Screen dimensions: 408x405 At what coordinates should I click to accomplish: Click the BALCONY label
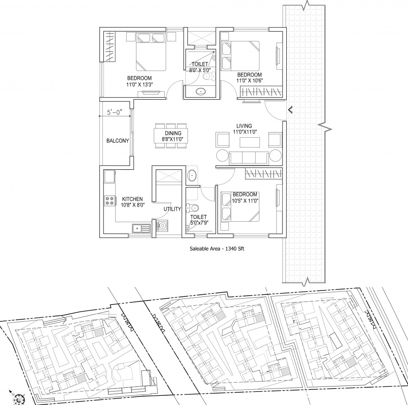117,141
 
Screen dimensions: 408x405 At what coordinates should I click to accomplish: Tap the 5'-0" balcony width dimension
115,112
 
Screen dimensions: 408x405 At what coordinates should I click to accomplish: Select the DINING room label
173,133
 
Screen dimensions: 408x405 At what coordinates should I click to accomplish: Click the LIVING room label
244,126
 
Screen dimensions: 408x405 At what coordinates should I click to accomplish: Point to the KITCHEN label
133,199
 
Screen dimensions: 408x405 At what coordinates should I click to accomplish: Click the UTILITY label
172,209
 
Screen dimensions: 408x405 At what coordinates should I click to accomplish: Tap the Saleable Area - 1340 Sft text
217,249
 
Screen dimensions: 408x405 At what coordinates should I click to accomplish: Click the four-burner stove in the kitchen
109,201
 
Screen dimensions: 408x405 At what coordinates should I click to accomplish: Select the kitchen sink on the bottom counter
141,228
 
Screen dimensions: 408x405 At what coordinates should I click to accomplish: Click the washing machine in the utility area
162,226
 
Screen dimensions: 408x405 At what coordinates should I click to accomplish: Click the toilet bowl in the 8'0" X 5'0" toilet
208,76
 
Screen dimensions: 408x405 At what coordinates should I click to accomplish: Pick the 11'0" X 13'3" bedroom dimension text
139,84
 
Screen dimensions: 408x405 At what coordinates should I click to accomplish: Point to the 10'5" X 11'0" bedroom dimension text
245,201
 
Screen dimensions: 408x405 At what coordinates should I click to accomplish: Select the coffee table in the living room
250,142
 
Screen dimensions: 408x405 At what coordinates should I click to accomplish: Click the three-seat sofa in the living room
249,158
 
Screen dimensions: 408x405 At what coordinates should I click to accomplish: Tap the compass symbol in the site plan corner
19,399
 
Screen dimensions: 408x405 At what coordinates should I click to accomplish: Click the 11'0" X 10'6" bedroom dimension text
250,81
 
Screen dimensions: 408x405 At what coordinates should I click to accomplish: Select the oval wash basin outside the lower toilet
192,176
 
